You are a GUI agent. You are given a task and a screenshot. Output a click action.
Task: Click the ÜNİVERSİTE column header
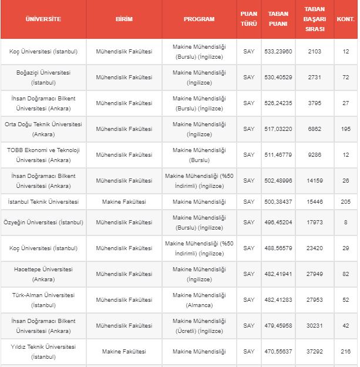(43, 19)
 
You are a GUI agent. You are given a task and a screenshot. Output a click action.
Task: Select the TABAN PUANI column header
(278, 19)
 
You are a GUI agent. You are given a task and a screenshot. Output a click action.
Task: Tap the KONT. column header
(345, 19)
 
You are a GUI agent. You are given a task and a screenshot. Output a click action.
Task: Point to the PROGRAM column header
(199, 19)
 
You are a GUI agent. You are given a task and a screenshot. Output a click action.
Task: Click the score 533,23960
(278, 52)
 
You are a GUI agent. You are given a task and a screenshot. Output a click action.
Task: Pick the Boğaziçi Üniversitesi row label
(43, 78)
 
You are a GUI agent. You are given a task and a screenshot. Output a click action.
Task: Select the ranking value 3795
(314, 103)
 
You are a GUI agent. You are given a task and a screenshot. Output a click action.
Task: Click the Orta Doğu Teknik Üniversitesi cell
(43, 129)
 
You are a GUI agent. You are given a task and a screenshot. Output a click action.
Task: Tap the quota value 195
(345, 129)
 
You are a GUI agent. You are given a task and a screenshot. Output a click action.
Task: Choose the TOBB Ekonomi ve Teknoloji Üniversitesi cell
(43, 155)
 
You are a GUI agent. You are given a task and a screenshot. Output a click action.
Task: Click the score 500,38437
(278, 202)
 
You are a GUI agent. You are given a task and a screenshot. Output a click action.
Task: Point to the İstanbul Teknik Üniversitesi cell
(43, 202)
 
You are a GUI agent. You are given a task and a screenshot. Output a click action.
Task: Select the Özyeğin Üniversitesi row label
(43, 223)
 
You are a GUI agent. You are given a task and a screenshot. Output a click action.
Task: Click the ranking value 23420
(314, 248)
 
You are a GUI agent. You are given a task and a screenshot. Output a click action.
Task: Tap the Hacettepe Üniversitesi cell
(43, 274)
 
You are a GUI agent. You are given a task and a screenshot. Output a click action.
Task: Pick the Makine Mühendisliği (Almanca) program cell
(199, 300)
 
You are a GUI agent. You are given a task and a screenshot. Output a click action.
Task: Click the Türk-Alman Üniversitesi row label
(43, 300)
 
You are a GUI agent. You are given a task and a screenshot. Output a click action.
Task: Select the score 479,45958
(278, 326)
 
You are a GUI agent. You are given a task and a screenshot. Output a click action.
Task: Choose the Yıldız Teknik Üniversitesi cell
(43, 352)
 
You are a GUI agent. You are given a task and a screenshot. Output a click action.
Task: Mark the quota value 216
(345, 352)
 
